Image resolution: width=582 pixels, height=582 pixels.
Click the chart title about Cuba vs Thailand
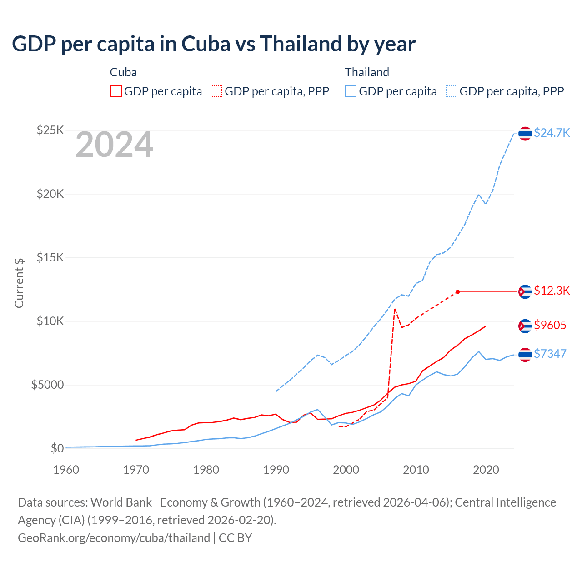(214, 44)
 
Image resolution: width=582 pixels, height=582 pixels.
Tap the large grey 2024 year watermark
(114, 145)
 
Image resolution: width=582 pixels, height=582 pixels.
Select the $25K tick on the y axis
(50, 130)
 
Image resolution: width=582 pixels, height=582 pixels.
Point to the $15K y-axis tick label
(50, 258)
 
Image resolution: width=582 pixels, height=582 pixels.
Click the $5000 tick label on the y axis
(47, 385)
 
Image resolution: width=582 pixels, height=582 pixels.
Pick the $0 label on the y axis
(57, 449)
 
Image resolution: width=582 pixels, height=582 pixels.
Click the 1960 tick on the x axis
(66, 470)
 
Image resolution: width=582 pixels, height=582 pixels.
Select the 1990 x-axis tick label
(276, 470)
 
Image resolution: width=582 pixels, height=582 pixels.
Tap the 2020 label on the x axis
(486, 470)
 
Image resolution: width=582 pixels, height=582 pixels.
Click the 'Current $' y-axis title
(19, 283)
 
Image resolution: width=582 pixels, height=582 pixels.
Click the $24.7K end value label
(552, 133)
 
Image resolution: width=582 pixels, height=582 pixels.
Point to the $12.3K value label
(552, 291)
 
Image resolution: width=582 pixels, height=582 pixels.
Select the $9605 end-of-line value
(550, 325)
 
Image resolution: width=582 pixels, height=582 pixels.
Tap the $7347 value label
(550, 354)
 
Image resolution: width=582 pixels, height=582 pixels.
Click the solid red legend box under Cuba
(116, 91)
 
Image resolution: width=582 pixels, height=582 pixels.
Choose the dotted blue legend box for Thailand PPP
(452, 91)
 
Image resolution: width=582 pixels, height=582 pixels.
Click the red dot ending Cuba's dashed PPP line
(457, 292)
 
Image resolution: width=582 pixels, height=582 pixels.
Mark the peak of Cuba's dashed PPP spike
(395, 309)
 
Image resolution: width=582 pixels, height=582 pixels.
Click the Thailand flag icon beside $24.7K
(525, 134)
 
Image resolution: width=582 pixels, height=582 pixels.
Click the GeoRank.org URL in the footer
(114, 538)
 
